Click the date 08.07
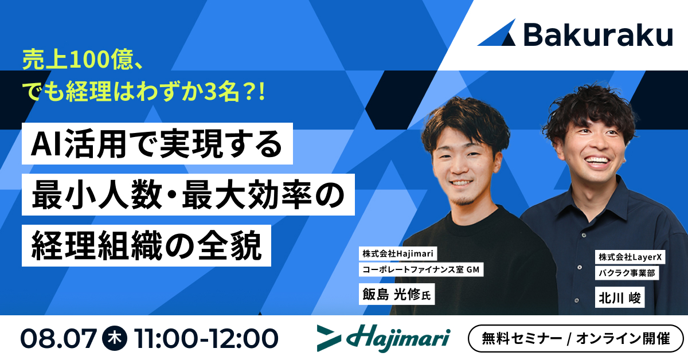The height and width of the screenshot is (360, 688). tap(58, 338)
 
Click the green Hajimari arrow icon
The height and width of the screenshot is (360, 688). tap(332, 338)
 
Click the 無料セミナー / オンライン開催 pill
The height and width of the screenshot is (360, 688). tap(576, 338)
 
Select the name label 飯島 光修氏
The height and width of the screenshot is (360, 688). tap(396, 295)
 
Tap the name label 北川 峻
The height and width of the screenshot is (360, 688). tap(620, 298)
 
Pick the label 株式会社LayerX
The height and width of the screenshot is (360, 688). tap(629, 258)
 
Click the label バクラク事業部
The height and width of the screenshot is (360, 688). tap(626, 274)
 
